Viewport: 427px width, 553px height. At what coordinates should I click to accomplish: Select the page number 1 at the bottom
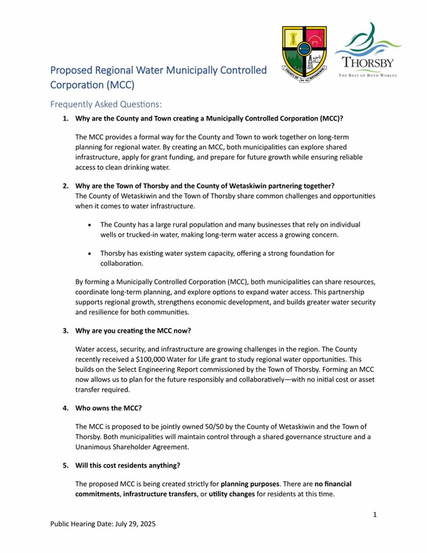[x=375, y=515]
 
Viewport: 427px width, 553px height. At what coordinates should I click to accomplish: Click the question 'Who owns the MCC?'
[x=108, y=409]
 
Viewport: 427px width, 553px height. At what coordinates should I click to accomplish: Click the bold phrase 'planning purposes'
[x=250, y=484]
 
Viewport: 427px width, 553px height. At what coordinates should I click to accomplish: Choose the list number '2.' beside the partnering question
[x=66, y=186]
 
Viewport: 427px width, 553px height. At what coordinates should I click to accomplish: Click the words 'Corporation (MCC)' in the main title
[x=92, y=85]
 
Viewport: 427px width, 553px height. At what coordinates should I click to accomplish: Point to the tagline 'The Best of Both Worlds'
[x=368, y=75]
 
